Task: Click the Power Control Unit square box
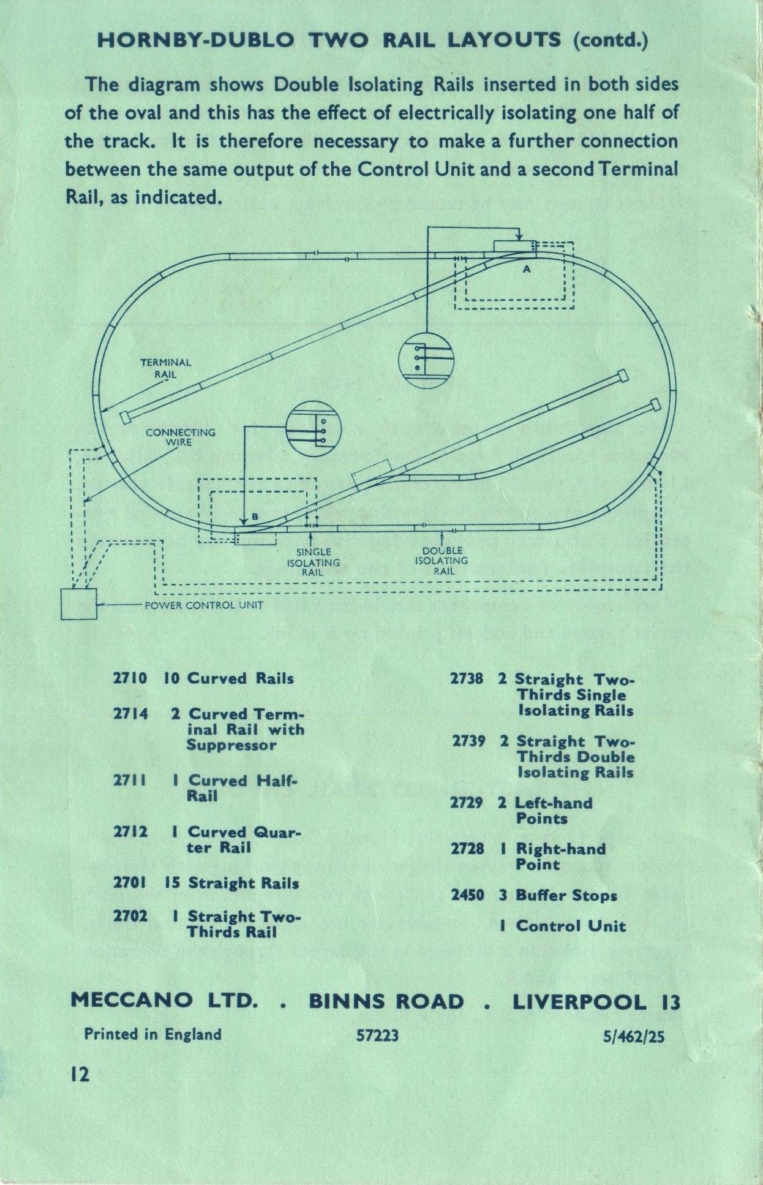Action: click(x=79, y=604)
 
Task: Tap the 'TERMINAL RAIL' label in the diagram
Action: click(x=165, y=368)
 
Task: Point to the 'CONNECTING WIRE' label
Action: click(x=180, y=437)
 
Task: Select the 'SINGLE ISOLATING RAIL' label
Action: click(x=313, y=562)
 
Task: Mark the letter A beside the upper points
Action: click(x=526, y=268)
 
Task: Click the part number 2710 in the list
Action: click(x=130, y=678)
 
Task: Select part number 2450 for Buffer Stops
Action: click(x=467, y=895)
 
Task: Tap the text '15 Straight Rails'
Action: click(x=231, y=883)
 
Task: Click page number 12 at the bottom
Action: click(x=80, y=1074)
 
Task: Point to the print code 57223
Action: click(x=378, y=1035)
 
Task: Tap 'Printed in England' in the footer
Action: click(x=152, y=1034)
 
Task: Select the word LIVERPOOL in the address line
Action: click(x=579, y=1002)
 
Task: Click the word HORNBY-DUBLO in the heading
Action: click(x=195, y=40)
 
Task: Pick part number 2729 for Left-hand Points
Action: click(x=467, y=803)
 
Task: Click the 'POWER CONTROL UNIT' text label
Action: click(x=203, y=605)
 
